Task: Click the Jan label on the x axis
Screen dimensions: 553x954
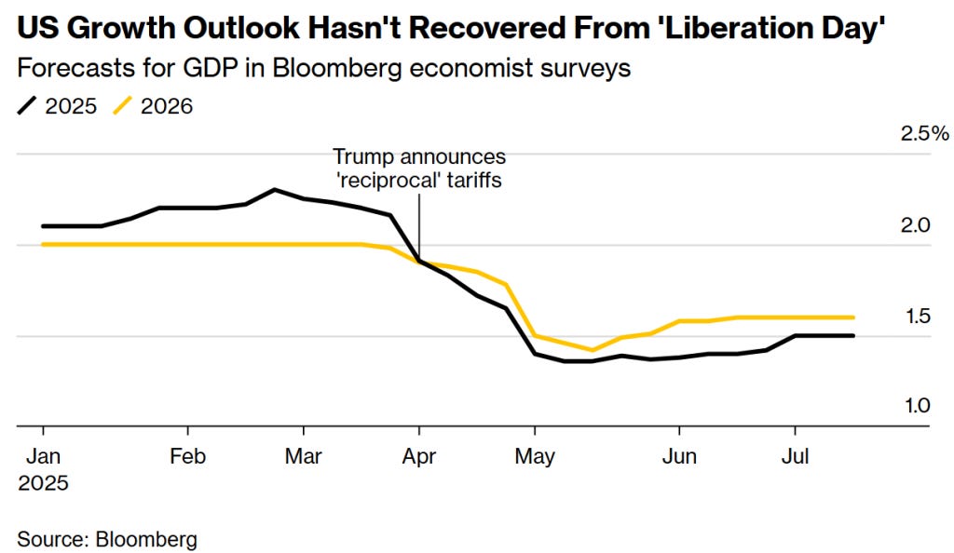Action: (x=43, y=457)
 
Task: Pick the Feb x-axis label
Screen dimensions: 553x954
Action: (x=188, y=457)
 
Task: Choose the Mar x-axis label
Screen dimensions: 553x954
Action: (x=304, y=457)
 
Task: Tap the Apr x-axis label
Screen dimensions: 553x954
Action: (x=419, y=457)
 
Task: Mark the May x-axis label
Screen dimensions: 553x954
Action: (x=535, y=457)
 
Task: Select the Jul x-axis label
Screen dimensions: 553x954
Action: (x=795, y=457)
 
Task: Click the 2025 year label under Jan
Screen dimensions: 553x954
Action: (x=43, y=484)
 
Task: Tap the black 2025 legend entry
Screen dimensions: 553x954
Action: (x=57, y=106)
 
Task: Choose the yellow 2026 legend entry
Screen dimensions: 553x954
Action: (x=154, y=106)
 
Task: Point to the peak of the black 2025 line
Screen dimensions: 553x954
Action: (x=275, y=190)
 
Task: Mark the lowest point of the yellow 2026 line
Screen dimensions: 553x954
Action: (x=593, y=351)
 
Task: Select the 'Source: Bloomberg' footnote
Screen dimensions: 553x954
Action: (x=107, y=538)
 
